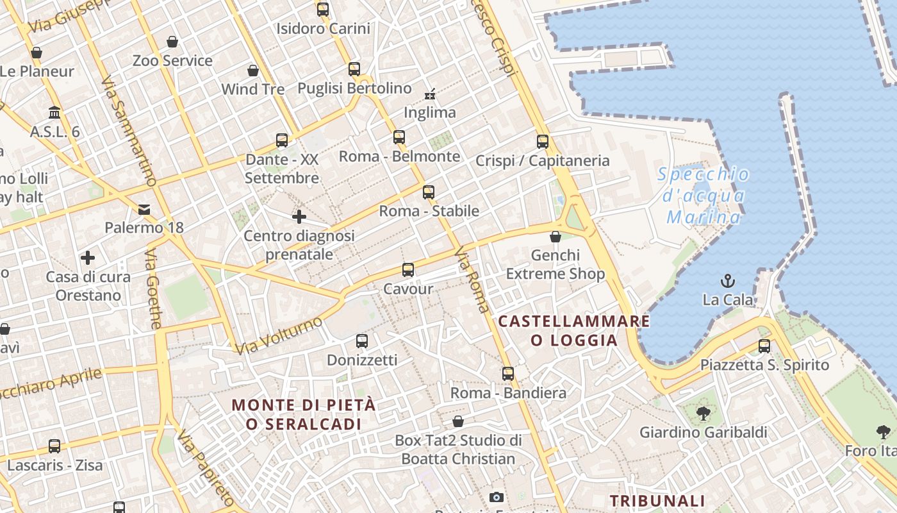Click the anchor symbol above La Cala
pos(728,281)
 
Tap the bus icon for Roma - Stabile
pos(429,192)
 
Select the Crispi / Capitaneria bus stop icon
pos(543,142)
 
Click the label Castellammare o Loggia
pos(574,330)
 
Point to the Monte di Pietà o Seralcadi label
pos(304,414)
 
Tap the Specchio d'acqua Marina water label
pos(704,196)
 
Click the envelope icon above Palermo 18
pos(144,209)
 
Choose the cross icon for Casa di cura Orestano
pos(88,258)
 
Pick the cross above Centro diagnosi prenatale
pos(299,217)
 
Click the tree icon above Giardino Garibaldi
pos(704,414)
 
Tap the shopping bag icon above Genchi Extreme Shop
pos(555,237)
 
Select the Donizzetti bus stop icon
pos(362,341)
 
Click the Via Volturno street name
pos(278,335)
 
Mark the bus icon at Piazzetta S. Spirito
pos(764,346)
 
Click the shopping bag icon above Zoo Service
pos(172,42)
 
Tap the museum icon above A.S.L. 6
pos(54,113)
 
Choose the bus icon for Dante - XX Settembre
pos(282,140)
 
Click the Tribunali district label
pos(657,501)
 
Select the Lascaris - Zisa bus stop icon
pos(54,446)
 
